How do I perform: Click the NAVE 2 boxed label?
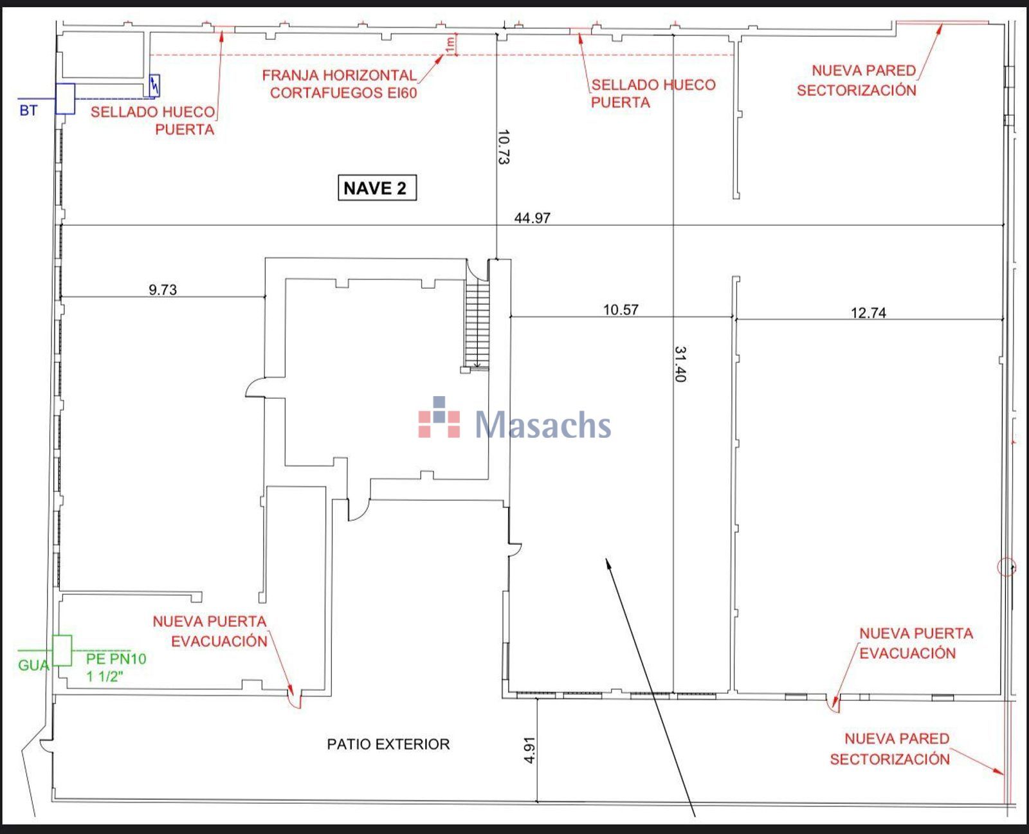click(x=377, y=188)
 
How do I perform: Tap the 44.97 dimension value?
click(x=532, y=218)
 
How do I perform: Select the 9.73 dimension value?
click(x=163, y=290)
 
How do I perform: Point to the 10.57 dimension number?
click(x=621, y=309)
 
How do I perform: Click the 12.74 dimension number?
click(x=868, y=313)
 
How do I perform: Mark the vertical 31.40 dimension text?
click(x=680, y=364)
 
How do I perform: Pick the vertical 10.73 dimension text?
click(x=504, y=147)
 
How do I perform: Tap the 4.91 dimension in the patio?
click(x=529, y=750)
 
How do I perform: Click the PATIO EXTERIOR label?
click(x=388, y=744)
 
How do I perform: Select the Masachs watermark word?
click(x=543, y=425)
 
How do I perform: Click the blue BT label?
click(x=28, y=111)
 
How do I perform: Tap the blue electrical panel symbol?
click(x=154, y=86)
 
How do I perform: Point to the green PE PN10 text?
click(x=116, y=658)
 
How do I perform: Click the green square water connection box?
click(x=62, y=651)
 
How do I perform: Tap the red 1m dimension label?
click(x=450, y=45)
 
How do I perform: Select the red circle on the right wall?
click(x=1006, y=567)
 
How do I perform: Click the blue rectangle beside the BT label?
click(x=65, y=99)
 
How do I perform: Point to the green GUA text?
click(x=34, y=666)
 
